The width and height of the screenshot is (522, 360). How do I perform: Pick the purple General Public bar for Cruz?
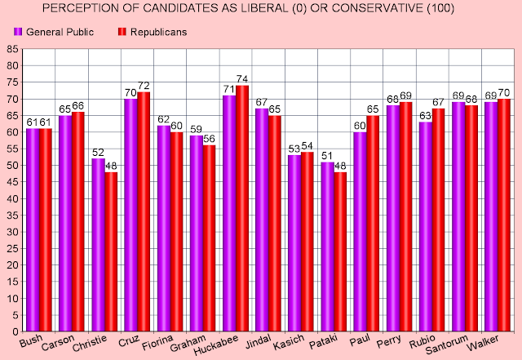coord(130,216)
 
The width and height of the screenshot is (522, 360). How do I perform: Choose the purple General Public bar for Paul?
coord(360,233)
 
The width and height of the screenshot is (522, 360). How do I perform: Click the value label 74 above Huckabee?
coord(242,79)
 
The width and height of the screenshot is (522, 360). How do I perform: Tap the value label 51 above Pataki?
coord(326,156)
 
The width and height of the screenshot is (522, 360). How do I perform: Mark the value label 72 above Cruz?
coord(144,86)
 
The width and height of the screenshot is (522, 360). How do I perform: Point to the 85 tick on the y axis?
coord(12,50)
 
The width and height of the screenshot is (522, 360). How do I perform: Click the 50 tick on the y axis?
coord(12,167)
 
